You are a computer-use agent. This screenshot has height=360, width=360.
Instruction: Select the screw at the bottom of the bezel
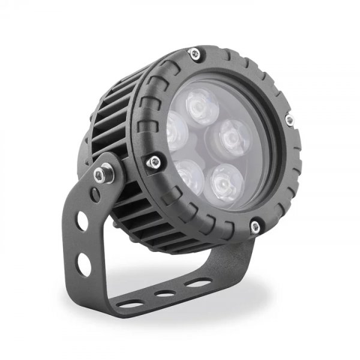[x=255, y=226]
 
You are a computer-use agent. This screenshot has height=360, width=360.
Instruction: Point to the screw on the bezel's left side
[x=155, y=160]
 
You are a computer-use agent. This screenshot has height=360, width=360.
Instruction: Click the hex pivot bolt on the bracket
[x=99, y=174]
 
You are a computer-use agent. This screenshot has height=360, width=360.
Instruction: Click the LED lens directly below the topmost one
[x=187, y=173]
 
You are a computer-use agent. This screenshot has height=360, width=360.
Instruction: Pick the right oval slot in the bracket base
[x=193, y=282]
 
